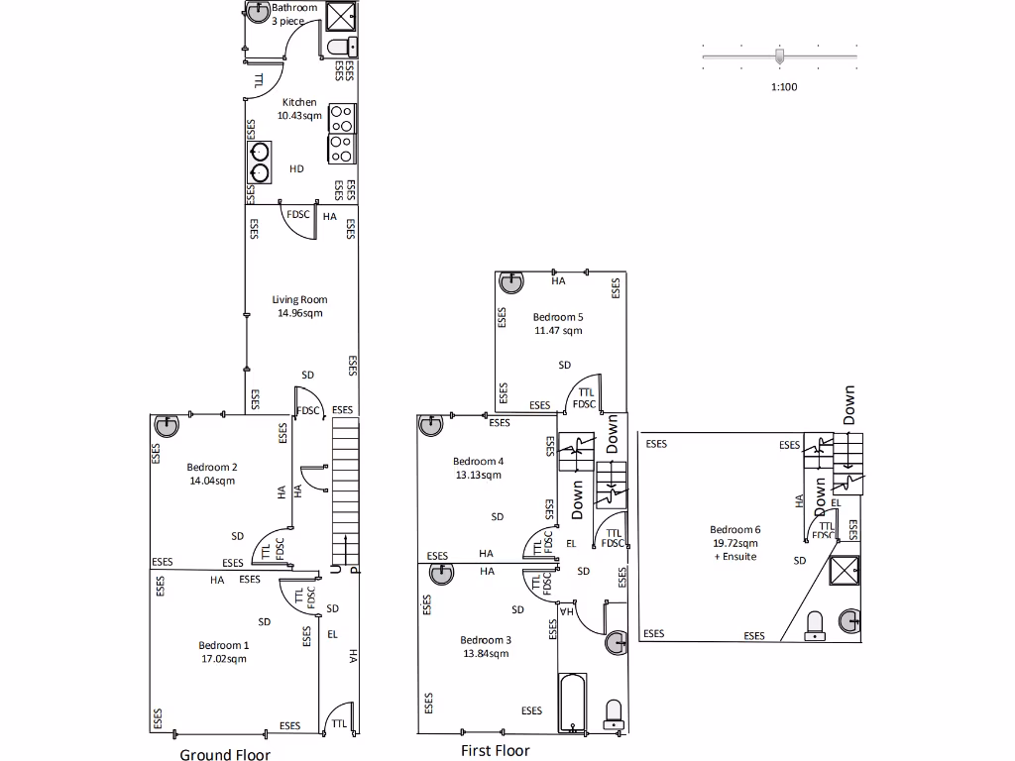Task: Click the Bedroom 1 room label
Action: click(x=224, y=645)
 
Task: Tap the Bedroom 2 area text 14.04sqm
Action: click(x=211, y=482)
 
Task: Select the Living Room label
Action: click(x=299, y=299)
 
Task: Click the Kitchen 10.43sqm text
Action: click(x=299, y=116)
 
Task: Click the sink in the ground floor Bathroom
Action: click(x=259, y=12)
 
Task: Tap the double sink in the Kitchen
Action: click(x=260, y=163)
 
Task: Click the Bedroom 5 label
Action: click(x=558, y=317)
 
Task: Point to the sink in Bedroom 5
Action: click(x=510, y=281)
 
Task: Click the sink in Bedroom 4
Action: click(x=431, y=425)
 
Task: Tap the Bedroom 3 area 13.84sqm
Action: click(x=486, y=654)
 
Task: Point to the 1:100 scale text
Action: click(x=783, y=87)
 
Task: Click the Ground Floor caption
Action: click(x=225, y=755)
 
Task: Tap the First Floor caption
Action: click(x=496, y=751)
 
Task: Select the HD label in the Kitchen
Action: click(x=296, y=169)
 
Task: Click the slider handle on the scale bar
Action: click(x=779, y=55)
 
